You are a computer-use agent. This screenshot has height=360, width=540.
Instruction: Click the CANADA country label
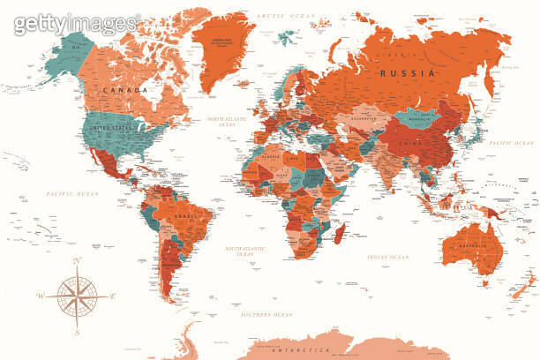125,89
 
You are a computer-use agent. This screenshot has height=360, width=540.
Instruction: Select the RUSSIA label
406,73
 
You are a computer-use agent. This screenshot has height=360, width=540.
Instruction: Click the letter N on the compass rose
76,260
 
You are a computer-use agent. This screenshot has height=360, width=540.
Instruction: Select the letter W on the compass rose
39,295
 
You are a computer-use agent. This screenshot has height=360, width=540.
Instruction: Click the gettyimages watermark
75,24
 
